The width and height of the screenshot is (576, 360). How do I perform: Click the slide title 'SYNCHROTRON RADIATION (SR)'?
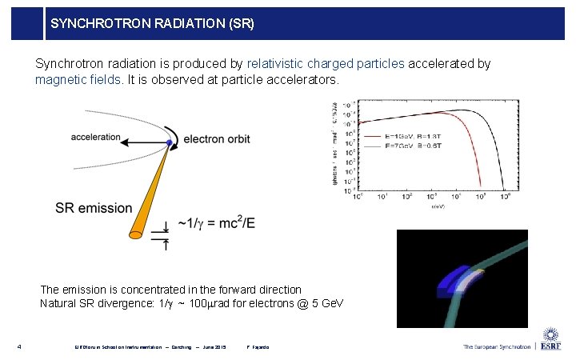[152, 24]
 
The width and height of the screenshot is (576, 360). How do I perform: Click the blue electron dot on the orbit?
[170, 142]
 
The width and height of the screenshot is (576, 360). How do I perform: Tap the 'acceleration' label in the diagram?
[95, 137]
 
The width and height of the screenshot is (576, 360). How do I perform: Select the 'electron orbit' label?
[217, 139]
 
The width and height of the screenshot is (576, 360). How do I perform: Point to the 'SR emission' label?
[94, 208]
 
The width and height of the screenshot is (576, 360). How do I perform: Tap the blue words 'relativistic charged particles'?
[326, 63]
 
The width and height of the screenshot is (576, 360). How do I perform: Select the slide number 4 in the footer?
[19, 346]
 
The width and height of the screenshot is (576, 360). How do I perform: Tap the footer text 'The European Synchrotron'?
[496, 346]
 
